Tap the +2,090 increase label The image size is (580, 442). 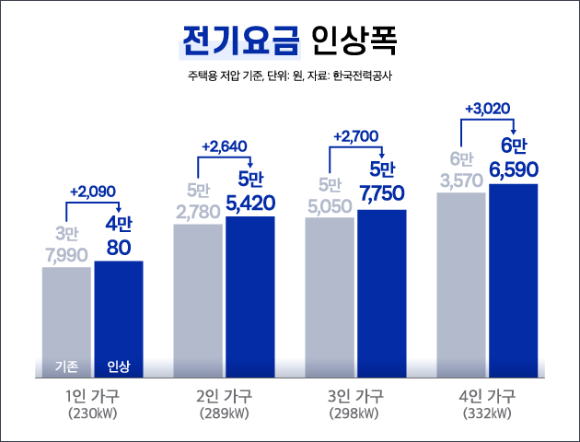pyautogui.click(x=92, y=192)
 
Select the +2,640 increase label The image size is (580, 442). pyautogui.click(x=223, y=146)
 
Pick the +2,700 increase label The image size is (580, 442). pyautogui.click(x=355, y=136)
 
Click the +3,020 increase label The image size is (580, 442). pyautogui.click(x=488, y=108)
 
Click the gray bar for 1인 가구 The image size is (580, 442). pyautogui.click(x=66, y=313)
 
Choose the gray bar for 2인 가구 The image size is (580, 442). pyautogui.click(x=198, y=295)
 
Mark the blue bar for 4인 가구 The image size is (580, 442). pyautogui.click(x=513, y=276)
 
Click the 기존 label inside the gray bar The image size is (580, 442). pyautogui.click(x=66, y=366)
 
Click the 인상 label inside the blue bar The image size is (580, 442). pyautogui.click(x=119, y=366)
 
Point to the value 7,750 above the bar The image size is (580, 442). pyautogui.click(x=381, y=194)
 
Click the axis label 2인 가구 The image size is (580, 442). pyautogui.click(x=224, y=397)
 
